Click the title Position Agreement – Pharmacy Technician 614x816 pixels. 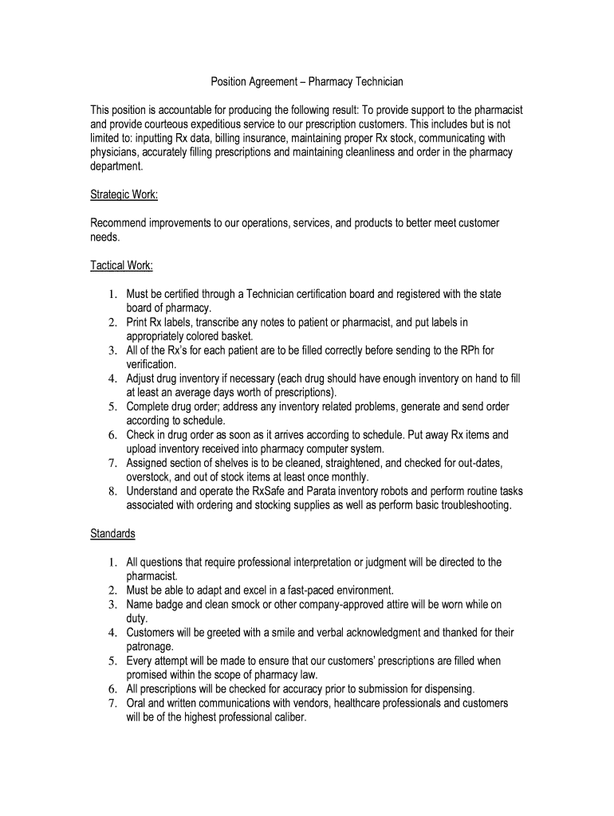pos(307,81)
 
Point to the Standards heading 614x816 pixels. pos(112,533)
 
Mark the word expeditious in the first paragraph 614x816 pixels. pos(231,124)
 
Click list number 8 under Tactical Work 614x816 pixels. pos(114,492)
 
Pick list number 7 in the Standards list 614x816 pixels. pos(114,703)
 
